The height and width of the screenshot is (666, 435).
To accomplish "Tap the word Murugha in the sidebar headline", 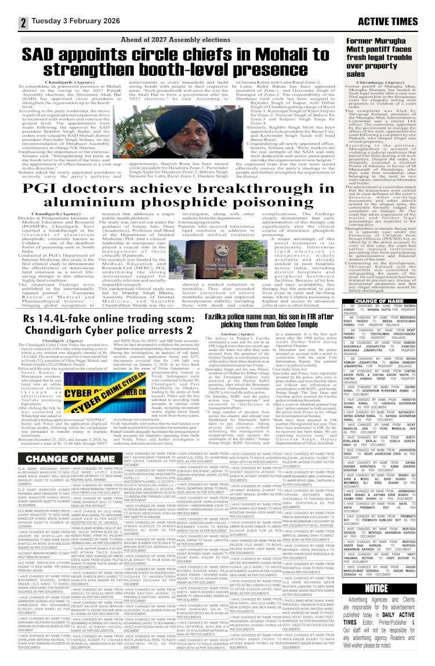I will point(400,42).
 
